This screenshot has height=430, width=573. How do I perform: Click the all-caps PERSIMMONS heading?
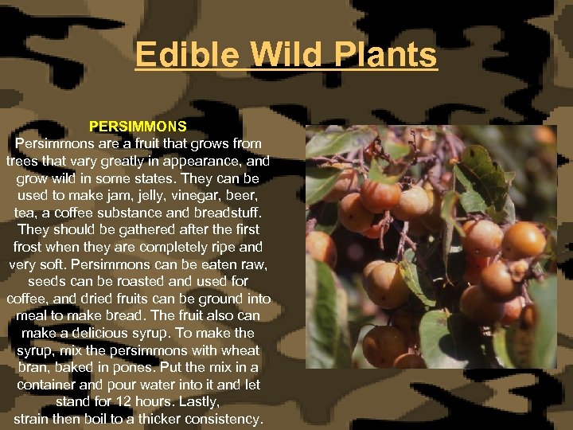click(x=138, y=126)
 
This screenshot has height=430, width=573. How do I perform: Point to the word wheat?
click(x=240, y=350)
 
